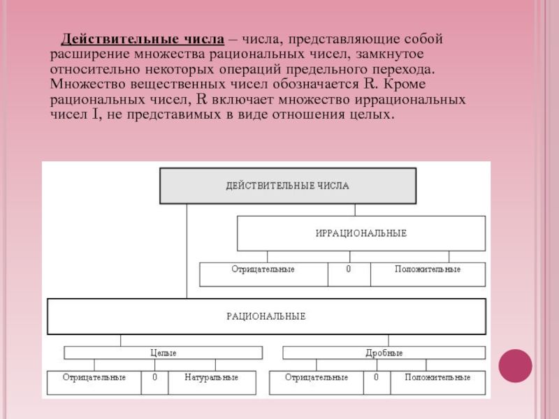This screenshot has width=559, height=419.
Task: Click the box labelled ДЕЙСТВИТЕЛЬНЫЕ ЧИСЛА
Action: (287, 186)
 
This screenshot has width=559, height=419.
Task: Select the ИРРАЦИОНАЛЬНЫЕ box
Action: (361, 233)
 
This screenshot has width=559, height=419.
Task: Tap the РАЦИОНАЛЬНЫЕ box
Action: (266, 316)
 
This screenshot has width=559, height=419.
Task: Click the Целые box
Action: (164, 353)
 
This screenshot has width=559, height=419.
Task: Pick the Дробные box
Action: (384, 353)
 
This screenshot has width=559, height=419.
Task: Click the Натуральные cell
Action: (211, 378)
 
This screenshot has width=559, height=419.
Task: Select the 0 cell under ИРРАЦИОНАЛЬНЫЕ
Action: (349, 269)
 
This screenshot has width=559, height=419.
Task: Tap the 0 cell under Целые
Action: (154, 378)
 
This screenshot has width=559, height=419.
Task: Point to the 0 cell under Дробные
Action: (376, 378)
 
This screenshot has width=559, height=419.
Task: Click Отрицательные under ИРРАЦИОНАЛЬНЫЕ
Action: (263, 269)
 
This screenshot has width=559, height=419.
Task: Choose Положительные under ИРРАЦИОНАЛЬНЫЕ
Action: (427, 269)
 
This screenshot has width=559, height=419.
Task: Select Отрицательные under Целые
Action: (94, 378)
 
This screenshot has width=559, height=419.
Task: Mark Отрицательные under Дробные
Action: (317, 378)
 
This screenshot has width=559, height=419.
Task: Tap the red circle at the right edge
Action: (516, 366)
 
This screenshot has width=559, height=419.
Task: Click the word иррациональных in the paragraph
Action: (418, 100)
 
